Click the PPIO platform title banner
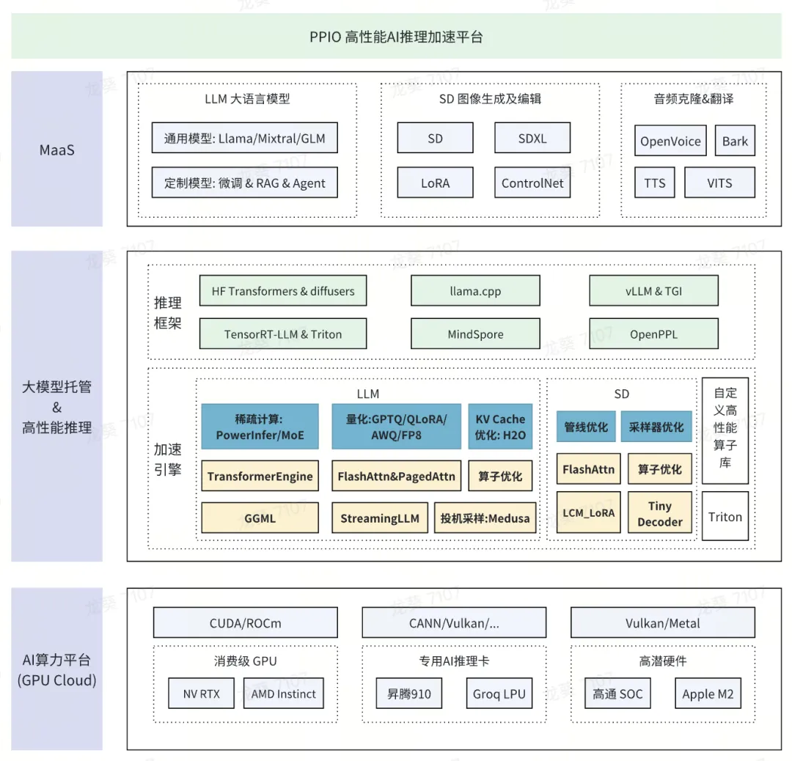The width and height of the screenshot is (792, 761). [396, 37]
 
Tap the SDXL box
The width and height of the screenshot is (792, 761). [532, 138]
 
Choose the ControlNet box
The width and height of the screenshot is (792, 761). [532, 183]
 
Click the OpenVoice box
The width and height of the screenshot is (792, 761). [670, 141]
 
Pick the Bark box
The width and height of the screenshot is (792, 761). [735, 141]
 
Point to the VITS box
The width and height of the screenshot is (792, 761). [720, 183]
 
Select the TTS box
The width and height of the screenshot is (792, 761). [655, 183]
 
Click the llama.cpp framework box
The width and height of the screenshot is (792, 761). [475, 291]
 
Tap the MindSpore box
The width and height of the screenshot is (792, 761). [475, 334]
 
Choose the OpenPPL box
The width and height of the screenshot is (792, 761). [653, 334]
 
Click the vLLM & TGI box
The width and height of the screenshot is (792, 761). [653, 291]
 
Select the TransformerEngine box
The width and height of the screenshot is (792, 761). [260, 476]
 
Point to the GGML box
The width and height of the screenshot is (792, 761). [260, 518]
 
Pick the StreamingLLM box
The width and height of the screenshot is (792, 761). [380, 518]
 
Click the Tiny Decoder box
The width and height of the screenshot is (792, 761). [660, 513]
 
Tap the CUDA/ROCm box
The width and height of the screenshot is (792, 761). [246, 622]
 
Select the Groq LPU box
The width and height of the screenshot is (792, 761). [499, 694]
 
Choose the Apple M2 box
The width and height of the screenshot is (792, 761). [708, 694]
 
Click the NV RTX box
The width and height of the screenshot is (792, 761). [201, 694]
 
